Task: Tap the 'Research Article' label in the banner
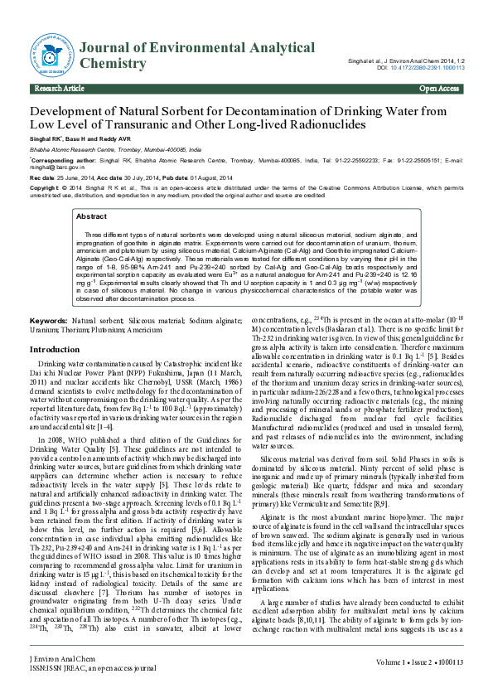click(x=59, y=89)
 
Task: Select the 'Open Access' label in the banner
click(x=439, y=89)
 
